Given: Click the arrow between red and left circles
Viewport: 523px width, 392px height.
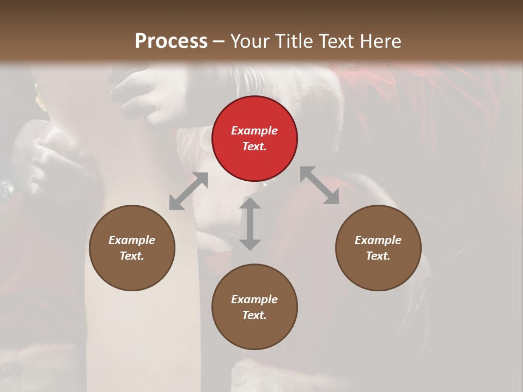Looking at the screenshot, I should (188, 191).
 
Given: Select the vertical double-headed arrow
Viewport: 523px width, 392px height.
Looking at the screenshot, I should (250, 224).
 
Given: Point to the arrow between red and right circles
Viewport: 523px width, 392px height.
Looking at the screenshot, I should (319, 185).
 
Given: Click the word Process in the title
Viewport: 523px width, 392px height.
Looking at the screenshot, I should (171, 41).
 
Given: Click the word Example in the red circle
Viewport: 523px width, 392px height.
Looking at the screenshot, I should (254, 131).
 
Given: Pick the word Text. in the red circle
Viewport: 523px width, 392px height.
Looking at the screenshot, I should (254, 146).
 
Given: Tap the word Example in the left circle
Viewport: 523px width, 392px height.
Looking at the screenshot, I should (132, 240).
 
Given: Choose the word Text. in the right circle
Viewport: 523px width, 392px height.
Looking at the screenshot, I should (378, 256).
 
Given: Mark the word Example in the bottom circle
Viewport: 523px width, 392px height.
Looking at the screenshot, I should (254, 299).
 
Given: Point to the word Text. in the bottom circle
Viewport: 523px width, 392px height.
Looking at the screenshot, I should (254, 315).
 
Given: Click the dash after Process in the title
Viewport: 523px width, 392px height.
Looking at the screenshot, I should (219, 41).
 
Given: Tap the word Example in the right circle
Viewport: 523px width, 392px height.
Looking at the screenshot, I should (378, 240).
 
